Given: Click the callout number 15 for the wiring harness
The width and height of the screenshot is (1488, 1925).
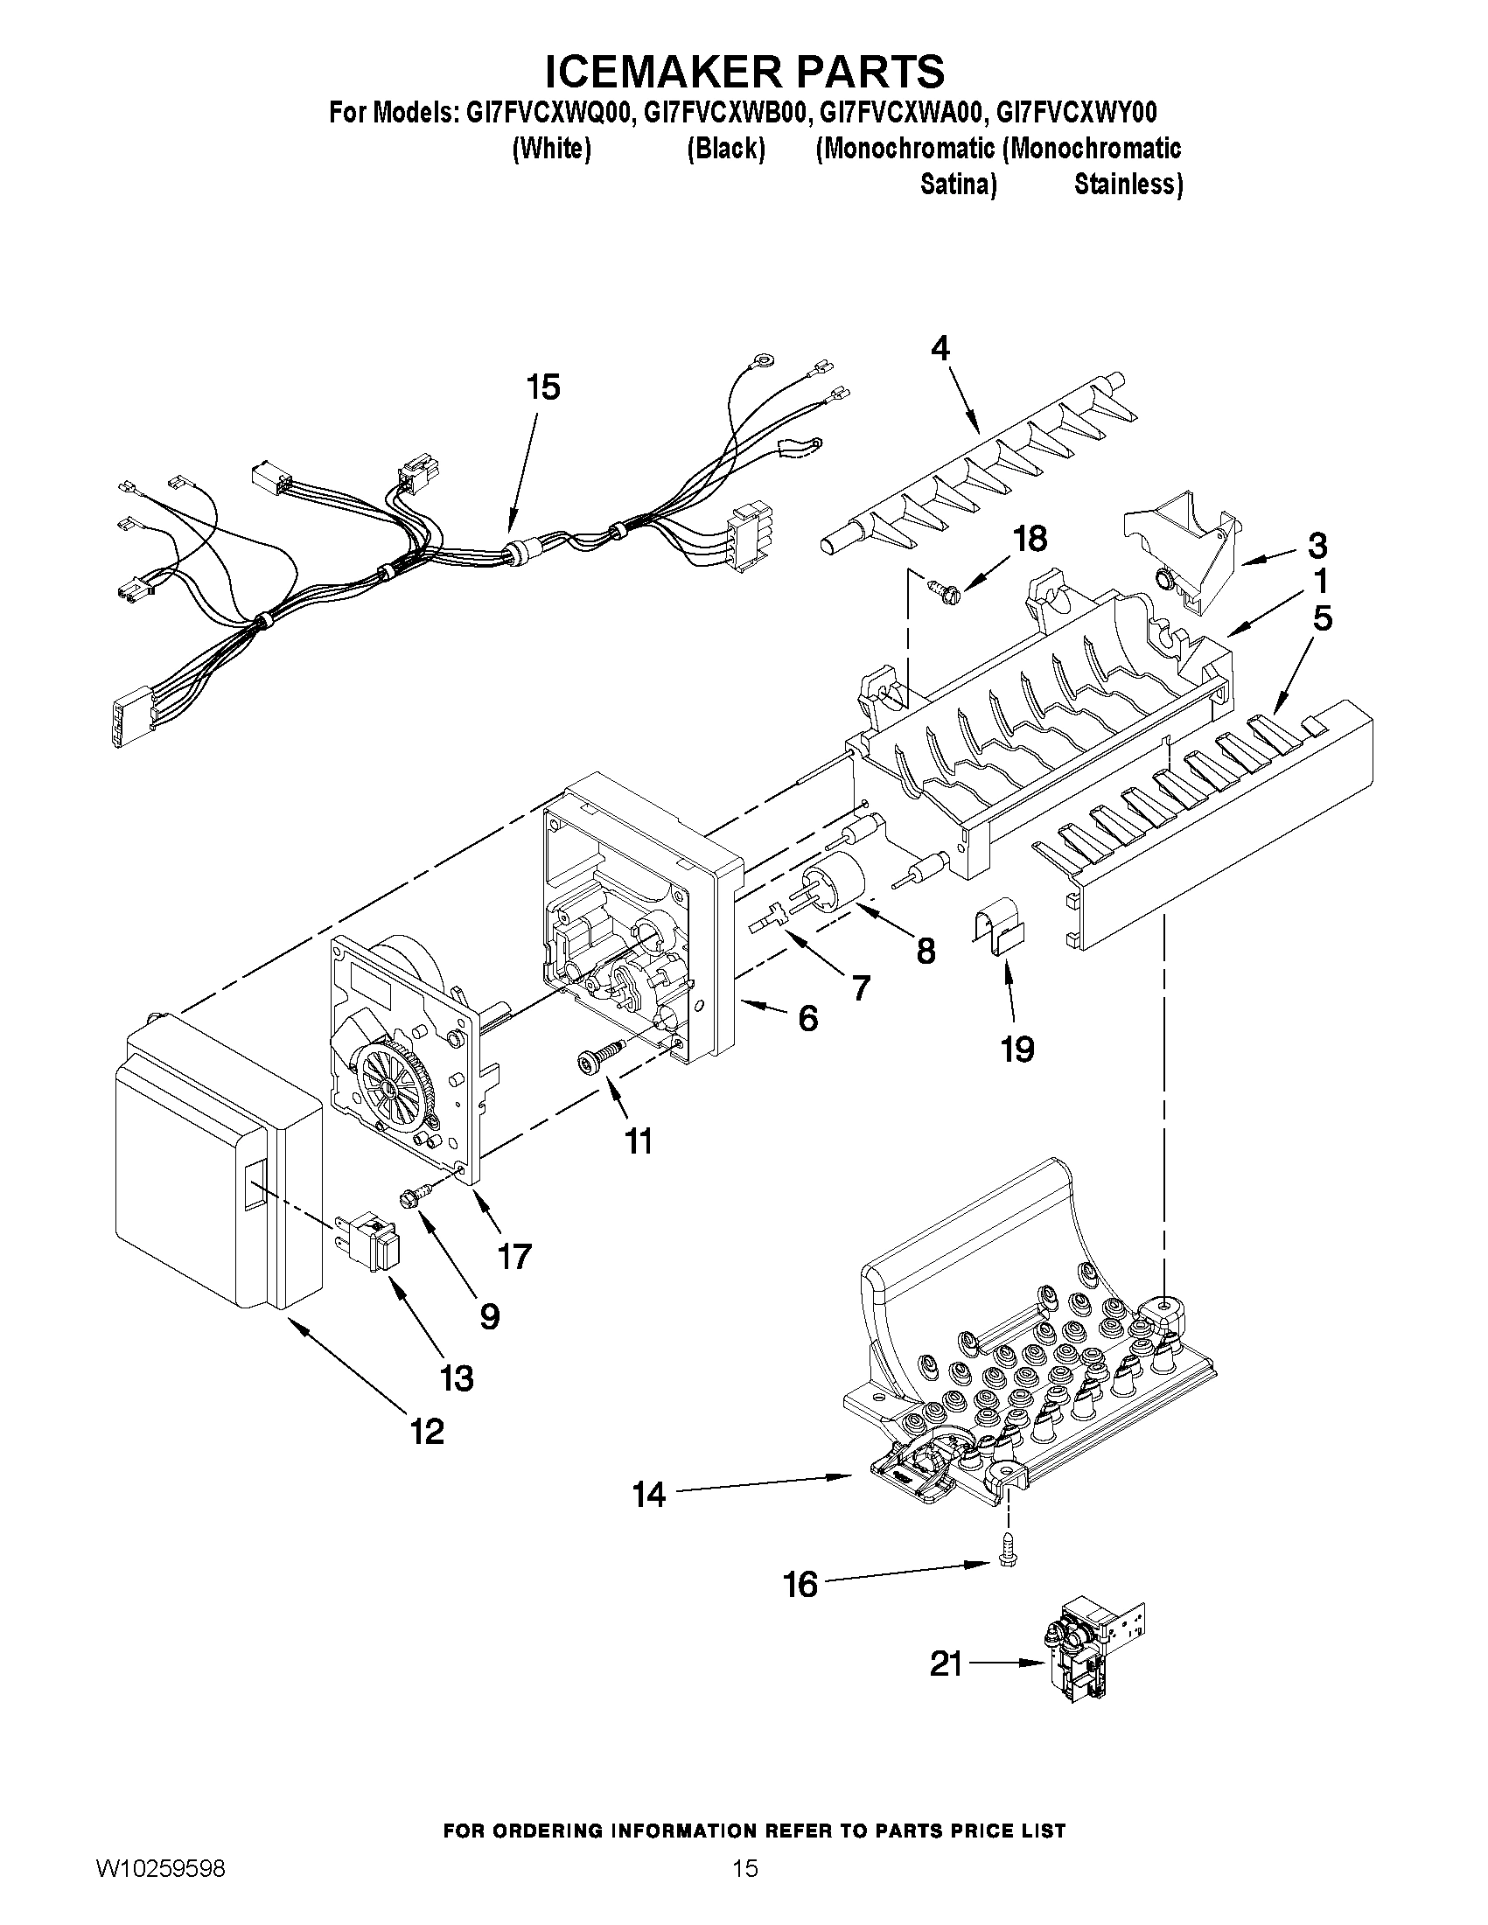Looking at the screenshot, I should (x=543, y=387).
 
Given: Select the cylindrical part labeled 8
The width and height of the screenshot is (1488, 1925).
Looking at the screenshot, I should (x=834, y=882).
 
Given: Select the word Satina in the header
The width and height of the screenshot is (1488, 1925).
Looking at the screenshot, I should (x=958, y=185).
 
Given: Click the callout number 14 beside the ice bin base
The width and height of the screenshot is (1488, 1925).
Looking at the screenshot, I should (x=648, y=1495).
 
